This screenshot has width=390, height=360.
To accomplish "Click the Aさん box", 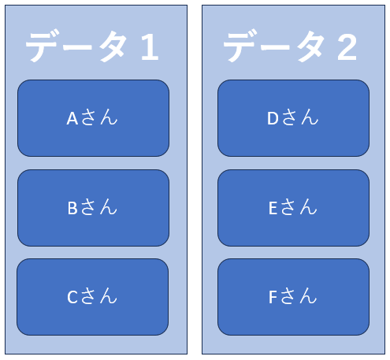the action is [x=93, y=118].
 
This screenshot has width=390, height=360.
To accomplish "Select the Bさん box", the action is [x=93, y=208].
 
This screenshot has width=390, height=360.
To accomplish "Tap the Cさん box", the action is [x=93, y=297].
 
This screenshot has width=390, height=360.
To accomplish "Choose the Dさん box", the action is [x=293, y=118].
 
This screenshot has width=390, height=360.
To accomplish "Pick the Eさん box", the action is [x=293, y=208].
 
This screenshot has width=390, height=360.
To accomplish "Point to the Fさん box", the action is [x=293, y=297].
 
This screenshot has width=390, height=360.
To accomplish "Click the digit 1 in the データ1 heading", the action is [x=150, y=47].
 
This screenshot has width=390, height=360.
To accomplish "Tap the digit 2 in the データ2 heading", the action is [x=347, y=47].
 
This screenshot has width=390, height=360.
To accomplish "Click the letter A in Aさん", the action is [x=72, y=118].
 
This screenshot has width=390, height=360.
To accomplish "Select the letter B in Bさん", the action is [x=72, y=208].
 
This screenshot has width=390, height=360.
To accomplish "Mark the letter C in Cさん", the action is [x=72, y=297].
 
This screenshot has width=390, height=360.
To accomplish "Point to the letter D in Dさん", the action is [x=273, y=118].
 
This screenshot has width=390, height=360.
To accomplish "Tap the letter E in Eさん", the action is [x=273, y=208].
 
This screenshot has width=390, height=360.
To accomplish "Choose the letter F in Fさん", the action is [x=273, y=297].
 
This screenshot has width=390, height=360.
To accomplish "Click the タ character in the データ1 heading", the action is [x=113, y=46].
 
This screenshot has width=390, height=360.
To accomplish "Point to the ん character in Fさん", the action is [x=308, y=296].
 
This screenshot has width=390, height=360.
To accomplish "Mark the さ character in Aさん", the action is [x=88, y=117].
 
